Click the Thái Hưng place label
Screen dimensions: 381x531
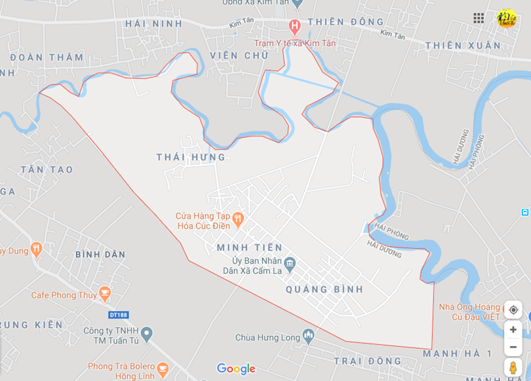click(191, 157)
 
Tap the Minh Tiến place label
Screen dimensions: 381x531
click(250, 248)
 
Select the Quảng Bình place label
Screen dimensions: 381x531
click(324, 289)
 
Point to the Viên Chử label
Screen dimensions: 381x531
click(239, 55)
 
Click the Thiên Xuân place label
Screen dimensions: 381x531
click(463, 45)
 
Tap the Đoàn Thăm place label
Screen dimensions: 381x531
click(47, 57)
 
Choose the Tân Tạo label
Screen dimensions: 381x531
click(47, 169)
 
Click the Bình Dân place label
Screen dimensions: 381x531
click(100, 254)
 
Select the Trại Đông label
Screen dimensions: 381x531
click(367, 361)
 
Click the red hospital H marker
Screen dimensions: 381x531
click(294, 28)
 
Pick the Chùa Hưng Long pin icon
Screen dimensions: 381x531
click(309, 338)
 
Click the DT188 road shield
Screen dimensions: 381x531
click(119, 315)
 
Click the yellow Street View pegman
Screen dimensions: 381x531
click(513, 368)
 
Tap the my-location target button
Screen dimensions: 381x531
click(513, 310)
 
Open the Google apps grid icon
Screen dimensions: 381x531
click(479, 18)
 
